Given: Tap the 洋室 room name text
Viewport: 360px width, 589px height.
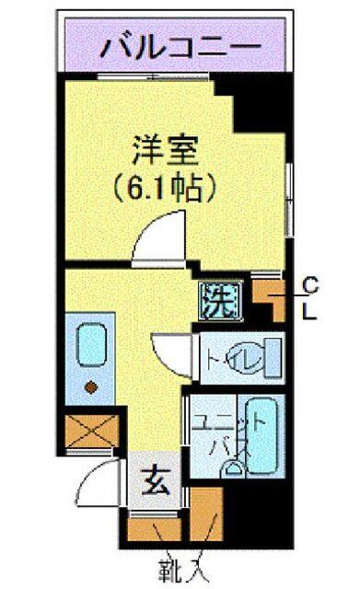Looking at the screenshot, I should coord(165,149).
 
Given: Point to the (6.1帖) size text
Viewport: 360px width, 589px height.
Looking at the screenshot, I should coord(165,189).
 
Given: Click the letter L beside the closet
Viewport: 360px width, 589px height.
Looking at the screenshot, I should coord(311,312).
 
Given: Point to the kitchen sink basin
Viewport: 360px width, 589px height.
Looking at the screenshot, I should coord(92,346).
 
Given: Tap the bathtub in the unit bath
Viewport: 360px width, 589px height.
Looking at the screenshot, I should coord(263,433).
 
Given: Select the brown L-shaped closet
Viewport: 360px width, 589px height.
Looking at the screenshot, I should coord(272,298).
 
